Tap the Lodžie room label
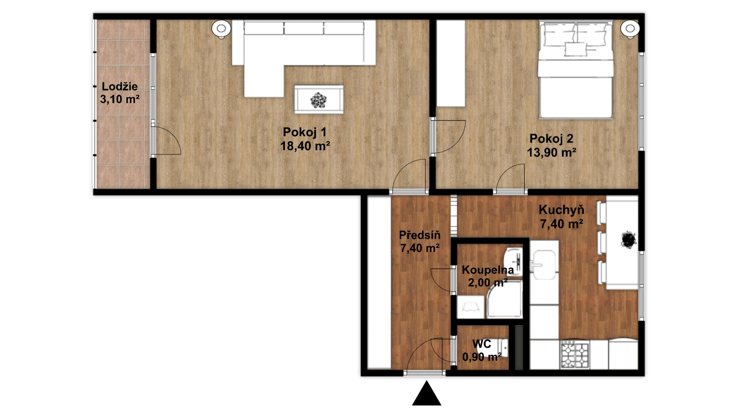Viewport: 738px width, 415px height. (120, 86)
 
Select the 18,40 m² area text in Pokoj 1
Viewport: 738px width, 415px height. (305, 146)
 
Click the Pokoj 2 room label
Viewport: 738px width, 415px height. (551, 138)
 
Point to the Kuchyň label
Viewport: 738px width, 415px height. (562, 210)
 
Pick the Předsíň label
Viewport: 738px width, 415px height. (419, 235)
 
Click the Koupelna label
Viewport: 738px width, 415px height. (488, 270)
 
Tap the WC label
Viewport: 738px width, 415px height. (482, 344)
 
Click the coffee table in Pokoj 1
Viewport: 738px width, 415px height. (319, 100)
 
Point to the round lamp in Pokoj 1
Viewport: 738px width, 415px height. (221, 29)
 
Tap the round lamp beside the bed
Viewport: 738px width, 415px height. (630, 29)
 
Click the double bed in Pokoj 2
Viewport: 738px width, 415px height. (575, 70)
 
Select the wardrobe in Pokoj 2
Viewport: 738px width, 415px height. (451, 63)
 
